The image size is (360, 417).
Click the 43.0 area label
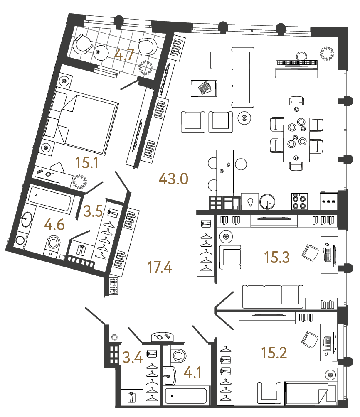click(x=174, y=179)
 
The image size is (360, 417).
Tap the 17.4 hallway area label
click(x=160, y=267)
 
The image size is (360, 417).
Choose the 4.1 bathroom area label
click(x=194, y=373)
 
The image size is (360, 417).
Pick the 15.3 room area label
click(x=277, y=258)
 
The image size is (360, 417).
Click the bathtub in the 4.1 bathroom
click(x=186, y=397)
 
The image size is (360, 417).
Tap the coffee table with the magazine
click(x=203, y=88)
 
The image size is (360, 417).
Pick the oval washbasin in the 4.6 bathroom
click(x=26, y=219)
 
